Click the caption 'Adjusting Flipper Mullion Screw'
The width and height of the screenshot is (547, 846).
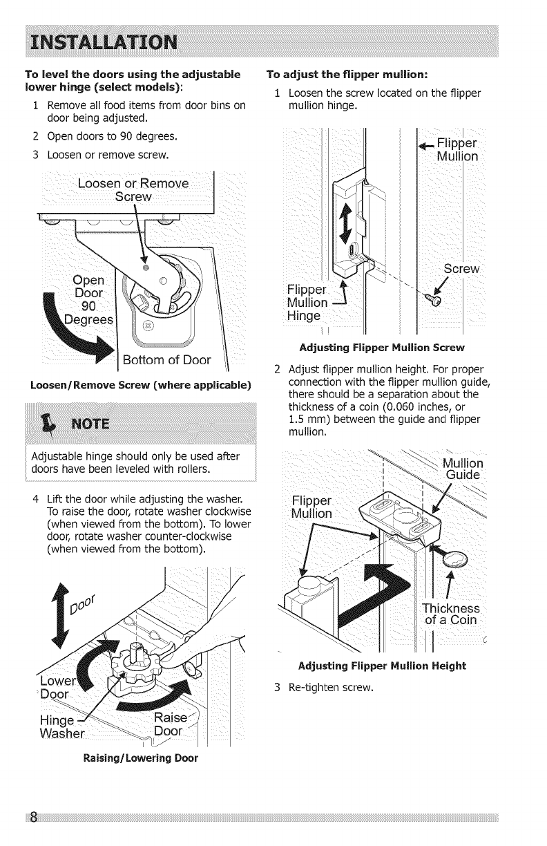382,347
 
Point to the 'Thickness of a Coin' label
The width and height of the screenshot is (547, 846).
450,614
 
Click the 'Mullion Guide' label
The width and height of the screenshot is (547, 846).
462,469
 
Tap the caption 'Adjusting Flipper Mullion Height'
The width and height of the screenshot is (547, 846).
382,666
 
